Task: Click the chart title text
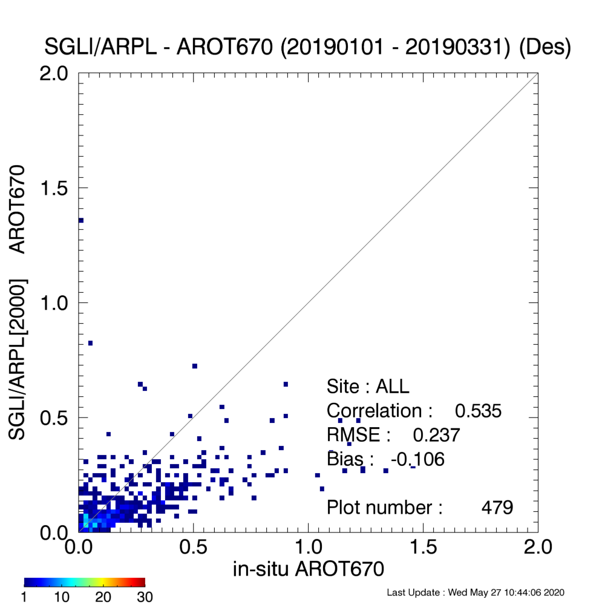pyautogui.click(x=307, y=47)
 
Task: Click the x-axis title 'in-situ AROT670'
pyautogui.click(x=309, y=569)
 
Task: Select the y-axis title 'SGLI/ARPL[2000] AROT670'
pyautogui.click(x=17, y=302)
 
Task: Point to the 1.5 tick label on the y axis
pyautogui.click(x=54, y=188)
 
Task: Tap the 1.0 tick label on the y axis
pyautogui.click(x=54, y=303)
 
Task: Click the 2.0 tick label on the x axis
pyautogui.click(x=538, y=547)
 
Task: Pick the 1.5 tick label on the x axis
pyautogui.click(x=423, y=547)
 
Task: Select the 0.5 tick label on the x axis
pyautogui.click(x=194, y=547)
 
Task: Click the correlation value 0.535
pyautogui.click(x=478, y=411)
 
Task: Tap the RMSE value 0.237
pyautogui.click(x=436, y=435)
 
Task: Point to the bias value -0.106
pyautogui.click(x=417, y=459)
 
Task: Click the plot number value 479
pyautogui.click(x=497, y=508)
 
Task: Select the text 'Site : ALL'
pyautogui.click(x=368, y=387)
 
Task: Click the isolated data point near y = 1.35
pyautogui.click(x=81, y=220)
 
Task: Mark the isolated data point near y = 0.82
pyautogui.click(x=90, y=343)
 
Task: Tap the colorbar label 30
pyautogui.click(x=145, y=597)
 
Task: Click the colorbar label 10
pyautogui.click(x=61, y=597)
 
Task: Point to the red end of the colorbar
pyautogui.click(x=143, y=582)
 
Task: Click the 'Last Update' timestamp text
pyautogui.click(x=476, y=592)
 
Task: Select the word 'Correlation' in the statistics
pyautogui.click(x=374, y=411)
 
